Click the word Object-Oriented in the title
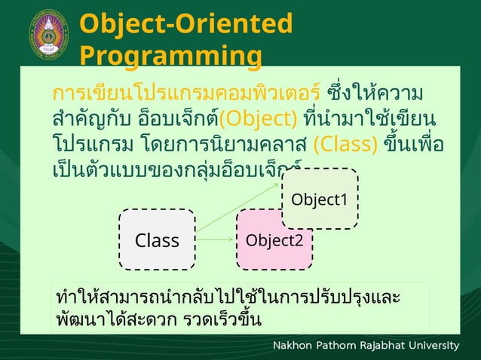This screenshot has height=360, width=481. pos(185,23)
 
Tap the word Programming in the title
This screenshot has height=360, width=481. pos(171,56)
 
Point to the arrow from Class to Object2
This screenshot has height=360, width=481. pos(216,239)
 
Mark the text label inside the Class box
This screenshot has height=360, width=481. pos(157,240)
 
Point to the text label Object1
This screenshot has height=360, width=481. pos(320,200)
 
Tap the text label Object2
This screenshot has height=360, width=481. pos(274,240)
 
